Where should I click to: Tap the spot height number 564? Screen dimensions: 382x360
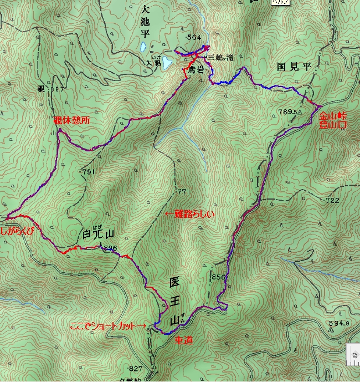click(x=194, y=37)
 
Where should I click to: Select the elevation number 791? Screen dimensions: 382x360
click(x=88, y=172)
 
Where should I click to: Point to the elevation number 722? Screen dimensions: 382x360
click(x=332, y=200)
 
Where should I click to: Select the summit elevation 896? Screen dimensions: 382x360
click(x=110, y=248)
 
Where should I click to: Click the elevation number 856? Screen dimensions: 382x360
click(x=219, y=277)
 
